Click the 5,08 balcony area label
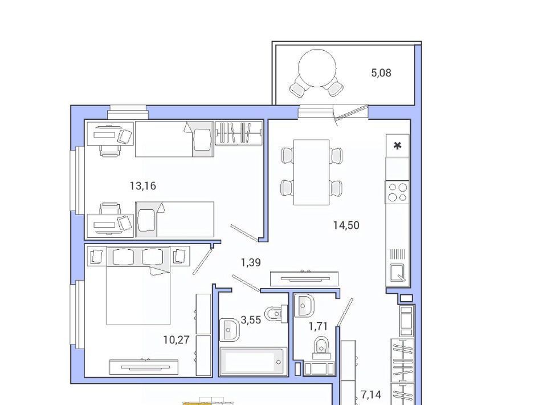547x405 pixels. [381, 73]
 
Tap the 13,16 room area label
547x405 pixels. [142, 186]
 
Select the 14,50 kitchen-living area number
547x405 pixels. [346, 225]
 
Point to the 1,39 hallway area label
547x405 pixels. [251, 262]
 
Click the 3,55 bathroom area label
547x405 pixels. [251, 320]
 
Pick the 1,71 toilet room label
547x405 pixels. [318, 326]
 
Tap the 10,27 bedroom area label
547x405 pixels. [176, 340]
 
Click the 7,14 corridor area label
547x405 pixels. [371, 395]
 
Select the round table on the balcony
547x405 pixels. [317, 68]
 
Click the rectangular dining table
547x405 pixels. [312, 172]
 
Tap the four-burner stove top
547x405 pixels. [397, 192]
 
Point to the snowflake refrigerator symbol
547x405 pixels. [397, 145]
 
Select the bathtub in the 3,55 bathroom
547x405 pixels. [253, 361]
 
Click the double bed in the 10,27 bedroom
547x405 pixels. [138, 286]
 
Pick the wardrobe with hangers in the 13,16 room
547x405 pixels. [239, 133]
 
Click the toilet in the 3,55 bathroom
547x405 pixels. [276, 313]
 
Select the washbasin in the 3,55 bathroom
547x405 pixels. [230, 330]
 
